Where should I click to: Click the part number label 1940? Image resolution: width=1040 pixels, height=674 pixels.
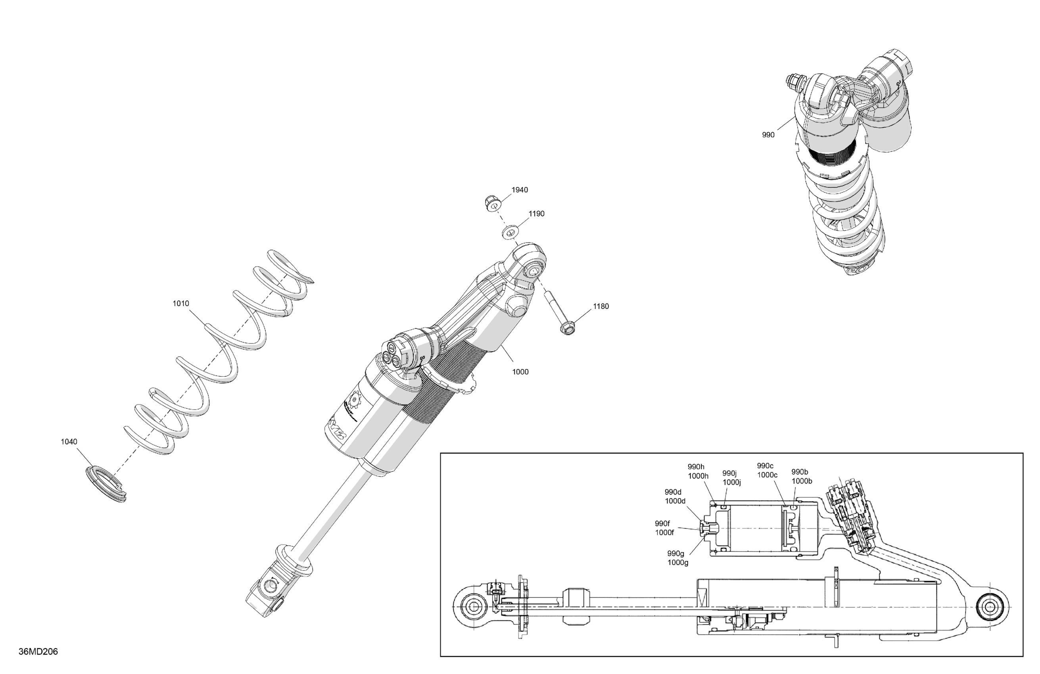(x=520, y=190)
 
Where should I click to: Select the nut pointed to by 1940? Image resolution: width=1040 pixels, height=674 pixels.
(x=493, y=203)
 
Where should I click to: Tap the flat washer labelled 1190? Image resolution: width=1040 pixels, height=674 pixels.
(x=509, y=232)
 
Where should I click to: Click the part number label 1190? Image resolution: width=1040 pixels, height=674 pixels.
(x=536, y=214)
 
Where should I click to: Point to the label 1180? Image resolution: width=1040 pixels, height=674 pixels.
(x=601, y=306)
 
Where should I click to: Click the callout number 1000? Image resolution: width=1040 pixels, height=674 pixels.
(x=520, y=372)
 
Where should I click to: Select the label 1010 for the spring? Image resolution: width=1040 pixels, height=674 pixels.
(x=180, y=304)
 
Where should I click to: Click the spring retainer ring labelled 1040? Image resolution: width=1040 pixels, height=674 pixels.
(x=105, y=484)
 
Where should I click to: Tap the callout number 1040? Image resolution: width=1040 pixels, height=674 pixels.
(x=69, y=442)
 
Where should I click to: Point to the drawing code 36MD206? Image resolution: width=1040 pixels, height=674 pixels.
(x=38, y=652)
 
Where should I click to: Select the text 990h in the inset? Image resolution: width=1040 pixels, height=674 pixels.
(x=696, y=467)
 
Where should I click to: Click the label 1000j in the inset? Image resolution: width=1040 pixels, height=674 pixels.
(x=731, y=483)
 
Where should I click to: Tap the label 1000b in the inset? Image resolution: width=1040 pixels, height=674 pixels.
(x=801, y=481)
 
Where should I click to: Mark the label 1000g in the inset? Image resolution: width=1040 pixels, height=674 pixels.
(x=678, y=563)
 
